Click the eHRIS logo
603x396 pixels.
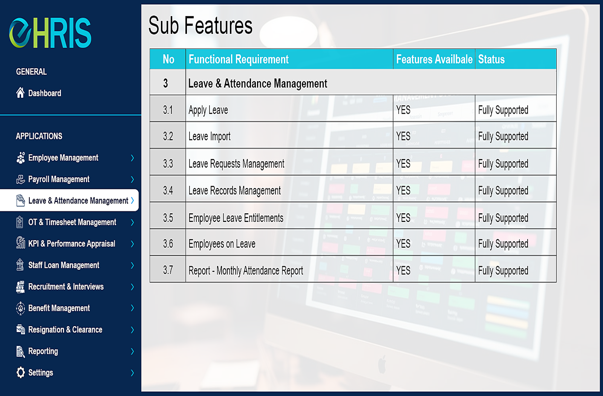(51, 33)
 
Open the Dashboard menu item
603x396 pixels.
(45, 93)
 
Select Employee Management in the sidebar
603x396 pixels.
(63, 158)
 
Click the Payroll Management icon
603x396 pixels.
(20, 179)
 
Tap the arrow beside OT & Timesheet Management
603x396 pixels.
(132, 222)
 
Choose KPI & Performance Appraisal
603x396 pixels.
(72, 244)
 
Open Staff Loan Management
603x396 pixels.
(64, 265)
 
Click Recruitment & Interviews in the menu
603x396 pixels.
(66, 287)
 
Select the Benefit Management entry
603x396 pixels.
(59, 308)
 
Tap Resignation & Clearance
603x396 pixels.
(65, 330)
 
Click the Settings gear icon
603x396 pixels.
(20, 373)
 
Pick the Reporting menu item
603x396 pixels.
(43, 351)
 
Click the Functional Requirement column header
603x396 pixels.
(239, 59)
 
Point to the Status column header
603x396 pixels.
(491, 59)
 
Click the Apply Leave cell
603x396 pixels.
(208, 110)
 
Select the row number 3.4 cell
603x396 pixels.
(168, 191)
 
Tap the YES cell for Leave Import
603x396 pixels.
(403, 136)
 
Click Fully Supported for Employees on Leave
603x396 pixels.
(503, 244)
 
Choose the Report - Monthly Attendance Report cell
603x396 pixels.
(246, 271)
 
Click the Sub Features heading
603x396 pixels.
(200, 26)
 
